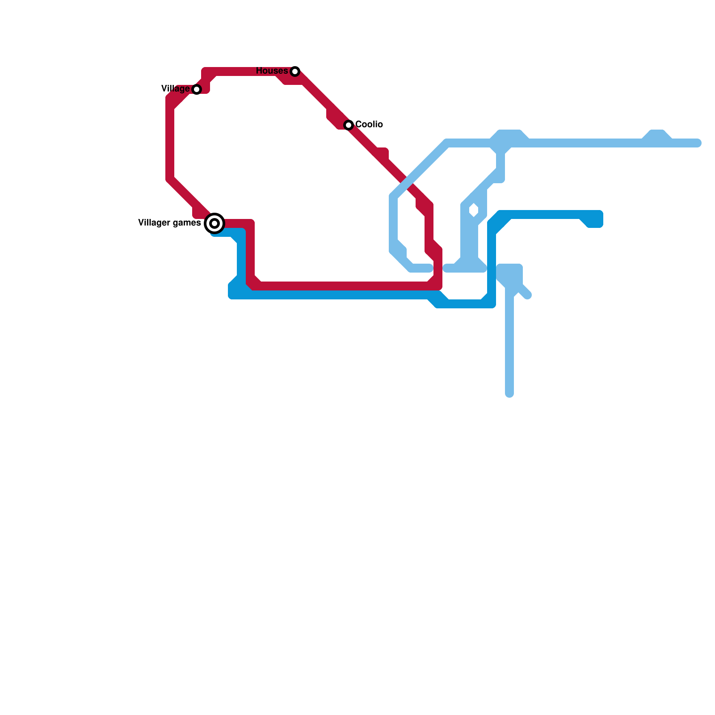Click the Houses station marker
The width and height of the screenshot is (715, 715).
[x=294, y=71]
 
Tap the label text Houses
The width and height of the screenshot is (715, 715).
[x=272, y=71]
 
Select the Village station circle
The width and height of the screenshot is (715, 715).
[x=197, y=89]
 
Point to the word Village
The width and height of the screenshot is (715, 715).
[x=175, y=89]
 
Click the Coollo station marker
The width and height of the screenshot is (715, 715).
[x=349, y=125]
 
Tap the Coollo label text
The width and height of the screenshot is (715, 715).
[x=369, y=124]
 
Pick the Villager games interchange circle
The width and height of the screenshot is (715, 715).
[x=214, y=223]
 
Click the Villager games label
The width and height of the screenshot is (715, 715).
[x=169, y=223]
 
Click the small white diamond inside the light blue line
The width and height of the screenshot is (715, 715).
[x=474, y=210]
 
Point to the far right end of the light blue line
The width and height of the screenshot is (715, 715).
[x=698, y=143]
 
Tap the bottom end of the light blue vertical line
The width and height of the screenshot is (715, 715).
[x=509, y=394]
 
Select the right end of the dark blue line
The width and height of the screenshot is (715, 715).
[x=599, y=219]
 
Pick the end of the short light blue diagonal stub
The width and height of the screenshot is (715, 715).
[x=528, y=295]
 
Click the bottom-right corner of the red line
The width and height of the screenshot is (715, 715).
[x=437, y=285]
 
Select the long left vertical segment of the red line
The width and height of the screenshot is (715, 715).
[x=170, y=143]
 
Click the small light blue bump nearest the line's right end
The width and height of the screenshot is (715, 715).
[x=657, y=135]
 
